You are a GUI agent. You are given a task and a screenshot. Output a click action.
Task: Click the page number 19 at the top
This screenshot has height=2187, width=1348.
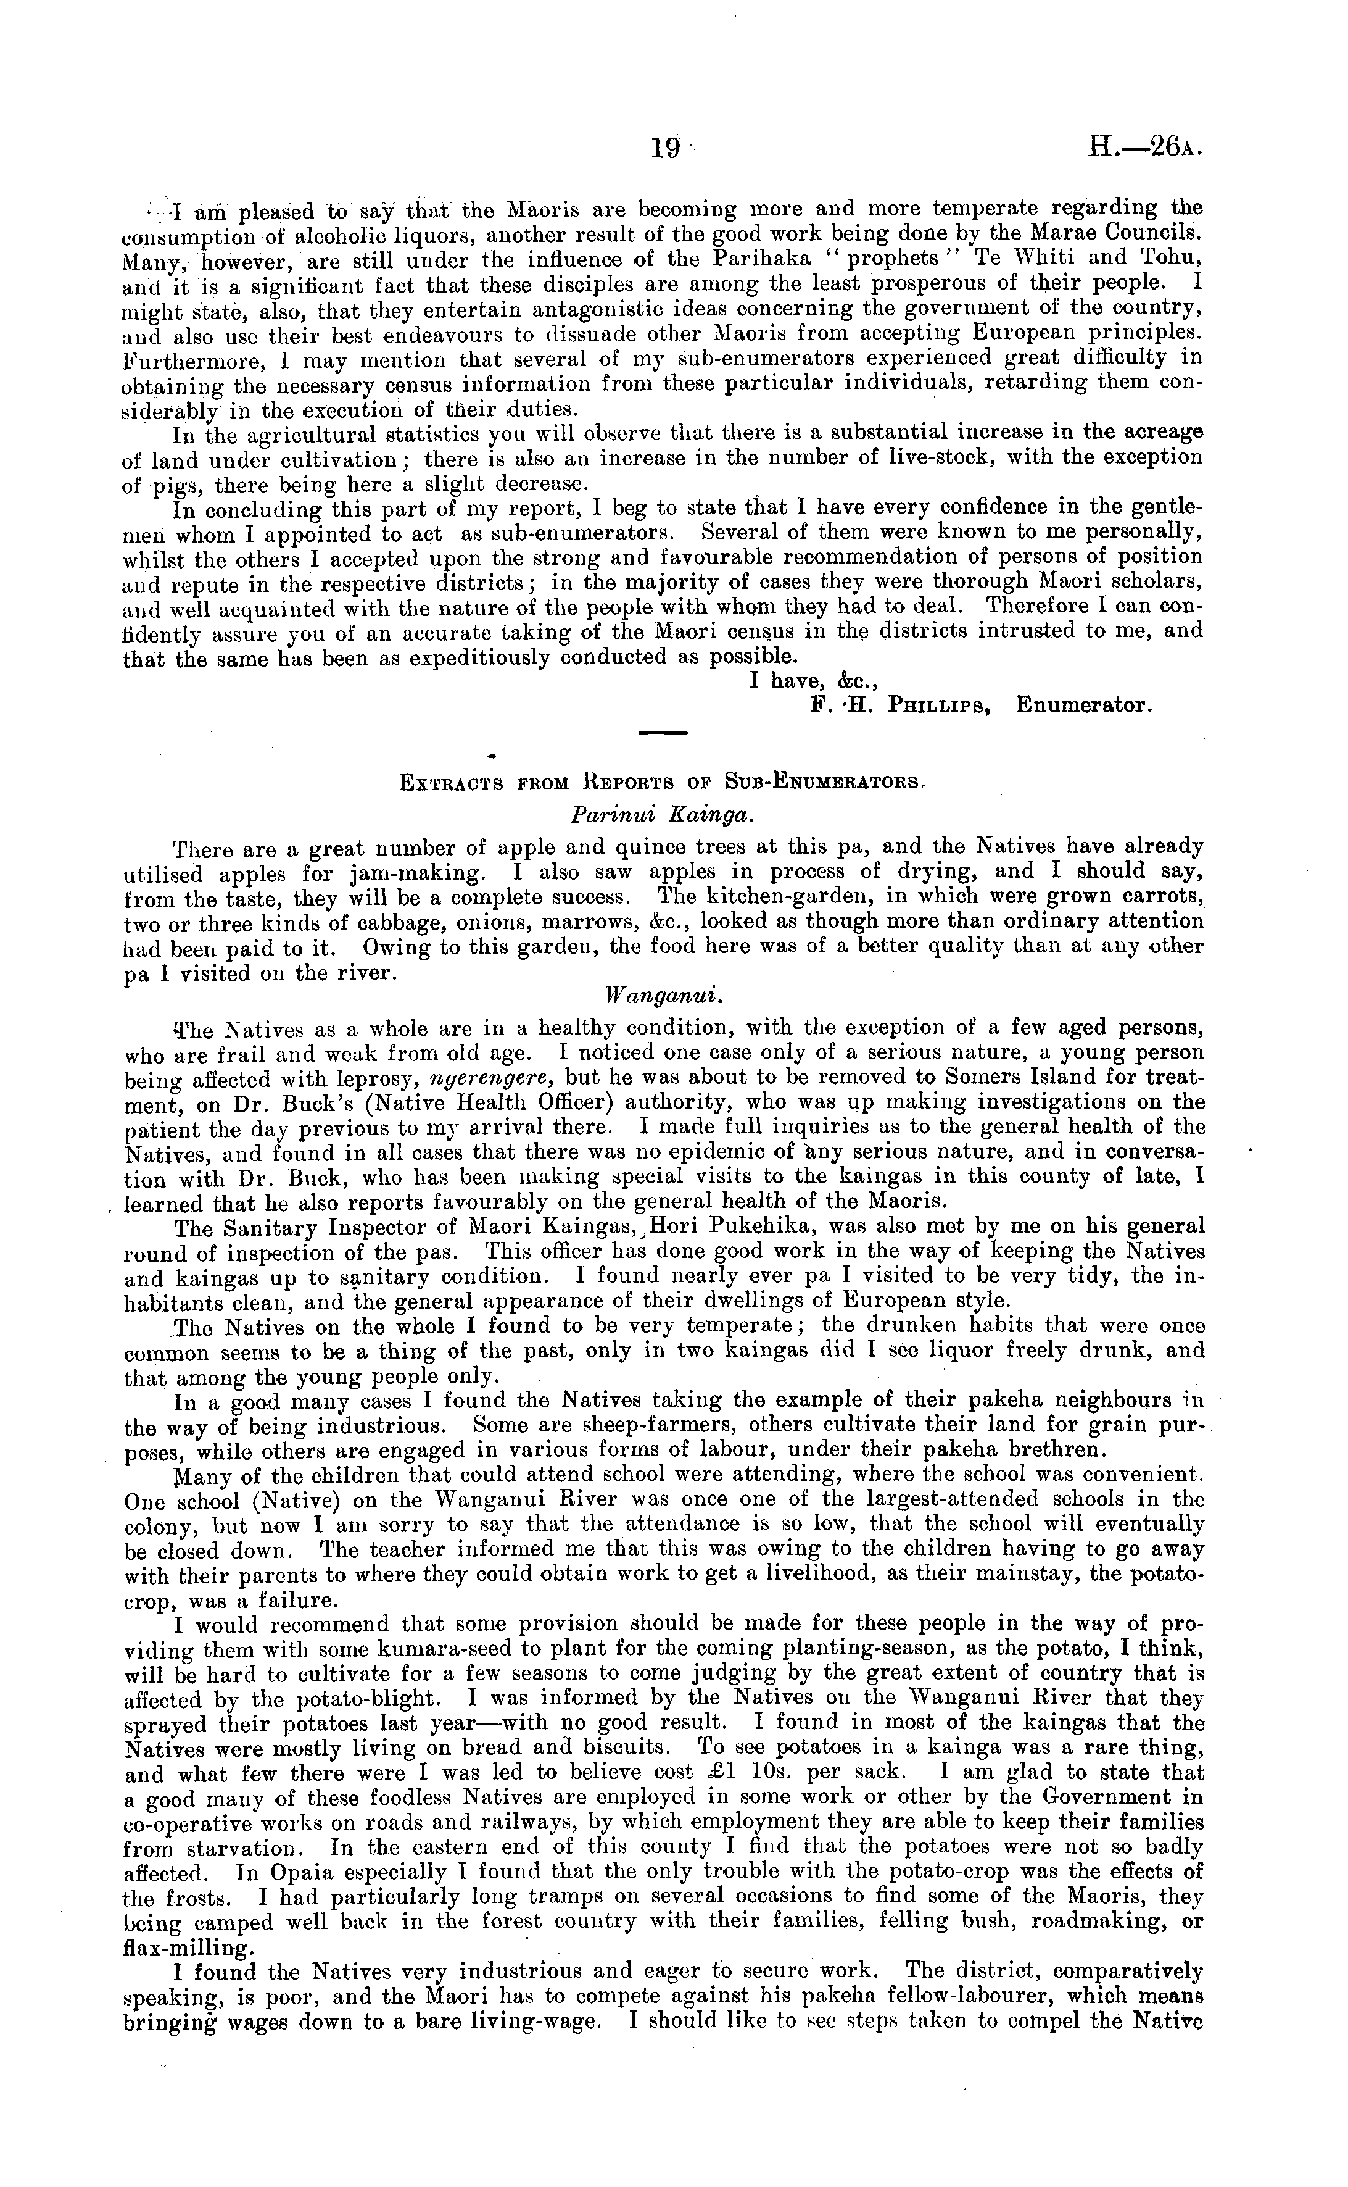665,148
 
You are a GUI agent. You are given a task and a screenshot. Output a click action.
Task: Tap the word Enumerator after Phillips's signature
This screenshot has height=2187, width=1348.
1084,706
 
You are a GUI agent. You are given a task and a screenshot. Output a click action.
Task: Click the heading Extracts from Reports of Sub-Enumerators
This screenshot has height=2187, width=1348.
663,784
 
